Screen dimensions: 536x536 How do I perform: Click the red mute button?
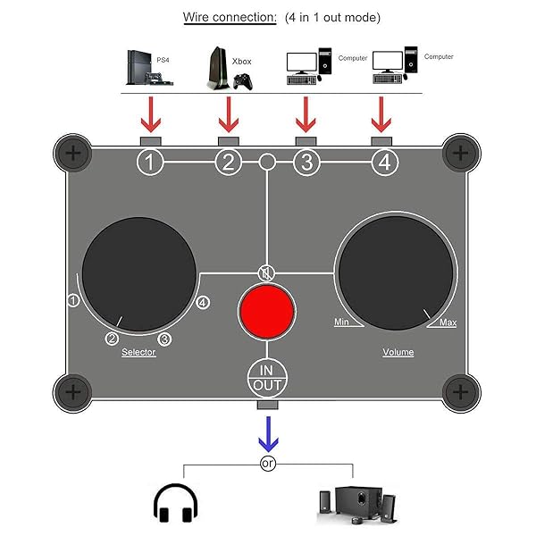coord(266,312)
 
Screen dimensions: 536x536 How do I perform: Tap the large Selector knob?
coord(138,270)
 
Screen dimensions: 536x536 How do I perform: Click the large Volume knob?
coord(395,270)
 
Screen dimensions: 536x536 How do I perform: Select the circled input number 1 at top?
coord(151,163)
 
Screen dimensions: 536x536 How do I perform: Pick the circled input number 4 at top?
coord(382,163)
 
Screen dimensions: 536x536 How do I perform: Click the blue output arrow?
coord(266,434)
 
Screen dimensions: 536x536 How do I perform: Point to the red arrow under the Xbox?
coord(230,113)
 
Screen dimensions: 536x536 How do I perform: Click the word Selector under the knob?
coord(138,352)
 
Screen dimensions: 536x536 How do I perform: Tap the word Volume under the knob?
coord(398,352)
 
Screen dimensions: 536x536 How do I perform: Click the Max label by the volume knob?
coord(448,322)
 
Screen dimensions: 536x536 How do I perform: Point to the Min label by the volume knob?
coord(341,322)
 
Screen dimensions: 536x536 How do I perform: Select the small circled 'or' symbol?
coord(266,464)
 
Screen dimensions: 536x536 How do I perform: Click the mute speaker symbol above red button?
coord(265,273)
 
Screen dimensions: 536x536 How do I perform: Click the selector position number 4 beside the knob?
coord(203,302)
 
